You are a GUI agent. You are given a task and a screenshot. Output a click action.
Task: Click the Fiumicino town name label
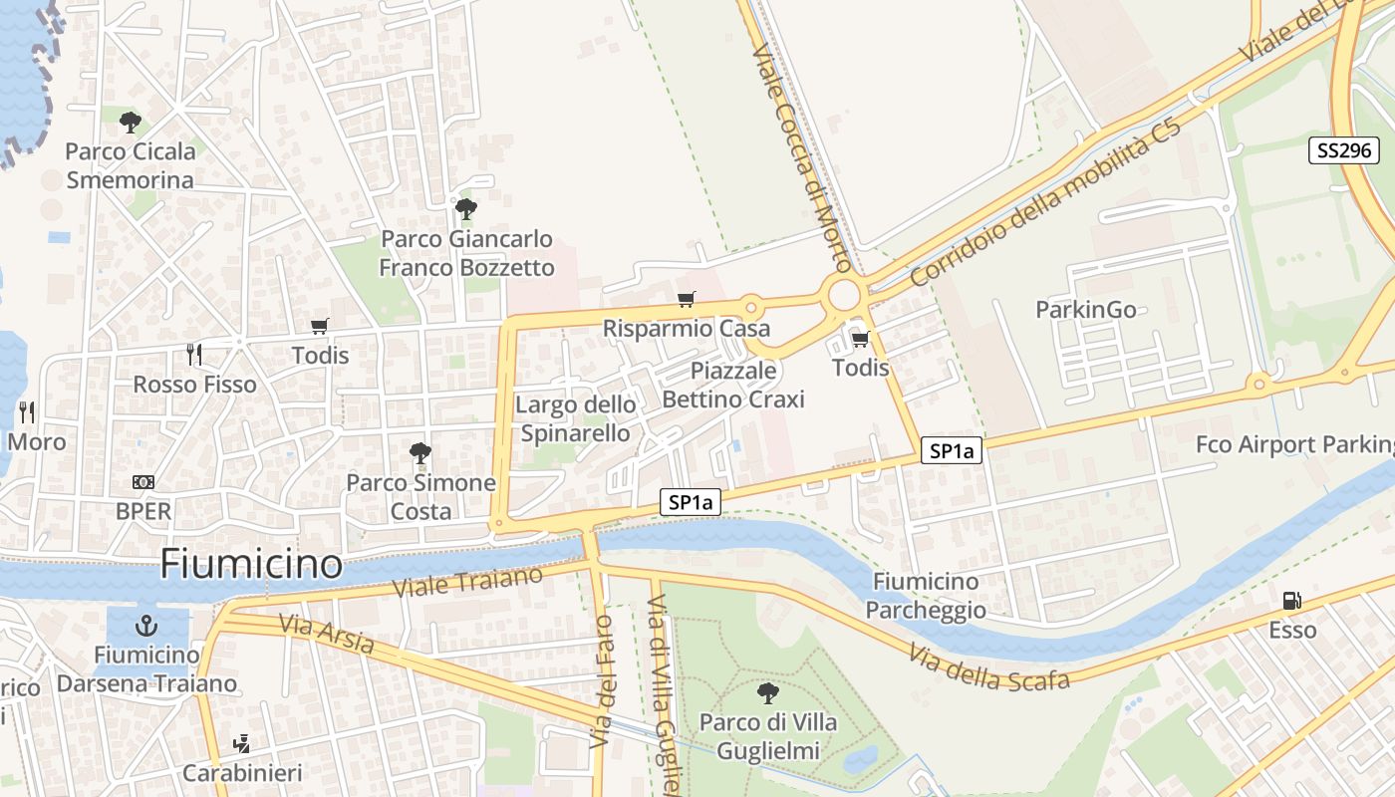coord(251,564)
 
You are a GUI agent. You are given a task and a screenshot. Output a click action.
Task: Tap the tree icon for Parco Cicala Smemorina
coord(130,123)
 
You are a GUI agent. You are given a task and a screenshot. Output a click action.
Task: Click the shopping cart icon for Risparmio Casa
coord(686,299)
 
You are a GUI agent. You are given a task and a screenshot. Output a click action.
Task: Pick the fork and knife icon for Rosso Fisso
coord(194,354)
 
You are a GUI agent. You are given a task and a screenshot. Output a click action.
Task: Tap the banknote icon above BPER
coord(143,482)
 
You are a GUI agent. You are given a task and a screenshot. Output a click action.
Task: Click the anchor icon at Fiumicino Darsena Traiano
coord(146,626)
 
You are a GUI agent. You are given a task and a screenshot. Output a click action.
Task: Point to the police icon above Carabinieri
coord(240,743)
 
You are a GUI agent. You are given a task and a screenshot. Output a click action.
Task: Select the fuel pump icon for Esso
coord(1291,600)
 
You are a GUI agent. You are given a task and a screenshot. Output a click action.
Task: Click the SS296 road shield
coord(1343,150)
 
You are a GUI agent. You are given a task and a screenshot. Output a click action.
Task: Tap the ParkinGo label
coord(1085,310)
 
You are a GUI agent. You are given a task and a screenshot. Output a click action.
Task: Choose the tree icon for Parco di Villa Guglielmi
coord(767,692)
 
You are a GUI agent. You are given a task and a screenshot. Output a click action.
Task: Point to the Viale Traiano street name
coord(468,582)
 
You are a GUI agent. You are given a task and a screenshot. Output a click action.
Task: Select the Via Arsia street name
coord(327,634)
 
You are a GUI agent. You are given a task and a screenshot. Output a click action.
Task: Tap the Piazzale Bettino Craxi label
coord(733,385)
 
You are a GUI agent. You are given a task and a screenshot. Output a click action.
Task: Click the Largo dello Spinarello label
coord(575,418)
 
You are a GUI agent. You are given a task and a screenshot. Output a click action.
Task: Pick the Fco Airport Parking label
coord(1295,444)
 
